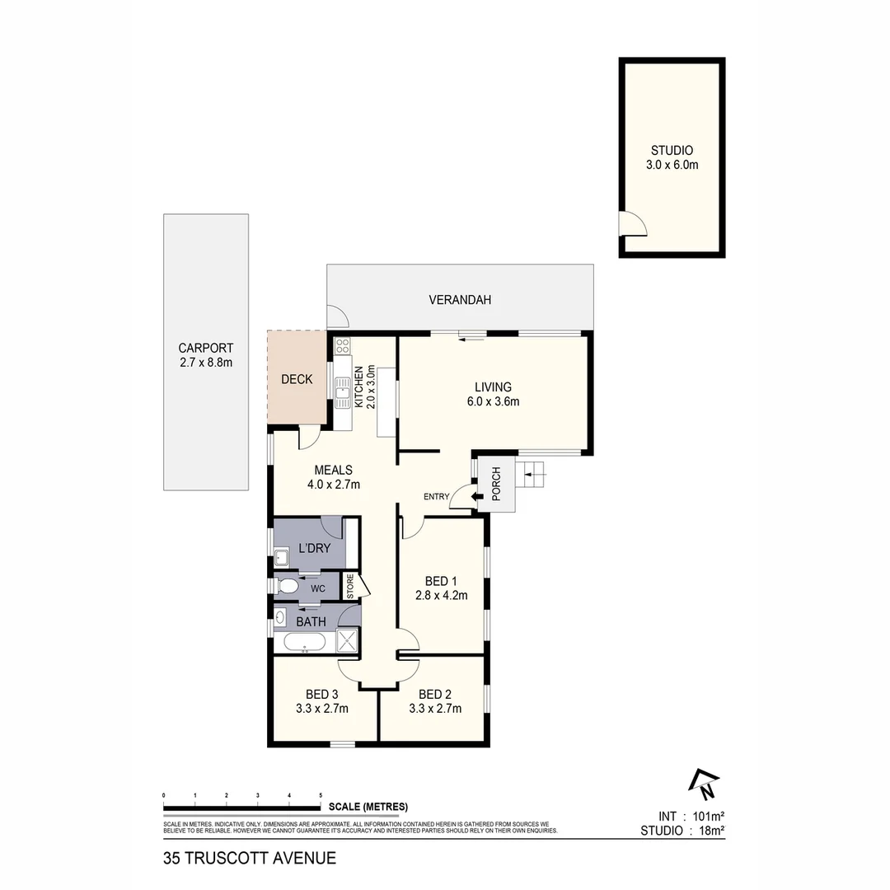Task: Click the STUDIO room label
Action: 672,151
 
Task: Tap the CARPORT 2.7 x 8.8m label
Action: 206,348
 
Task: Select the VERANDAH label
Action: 460,300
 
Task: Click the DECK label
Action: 297,379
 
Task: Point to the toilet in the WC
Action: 288,587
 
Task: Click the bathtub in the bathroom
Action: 304,643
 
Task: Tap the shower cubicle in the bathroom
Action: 348,641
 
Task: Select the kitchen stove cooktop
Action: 343,346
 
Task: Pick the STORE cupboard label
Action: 349,586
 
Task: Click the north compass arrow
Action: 705,784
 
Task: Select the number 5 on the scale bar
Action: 321,795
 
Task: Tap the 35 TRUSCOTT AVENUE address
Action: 250,858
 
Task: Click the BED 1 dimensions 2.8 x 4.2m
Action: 441,595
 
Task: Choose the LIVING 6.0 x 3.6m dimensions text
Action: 493,402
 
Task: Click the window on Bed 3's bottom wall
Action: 343,745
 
